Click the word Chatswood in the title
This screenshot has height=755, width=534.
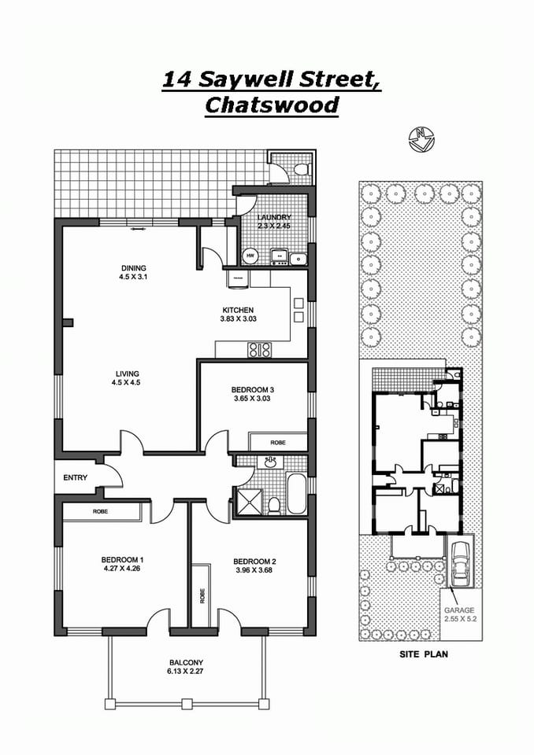tap(272, 105)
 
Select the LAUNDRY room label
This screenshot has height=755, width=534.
tap(275, 218)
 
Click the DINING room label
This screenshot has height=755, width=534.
tap(133, 268)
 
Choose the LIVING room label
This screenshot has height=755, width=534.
tap(126, 373)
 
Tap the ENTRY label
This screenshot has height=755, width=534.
tap(76, 477)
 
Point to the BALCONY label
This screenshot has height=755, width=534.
tap(186, 662)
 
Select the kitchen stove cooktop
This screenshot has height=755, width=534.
tap(260, 349)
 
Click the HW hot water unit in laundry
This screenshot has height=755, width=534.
tap(250, 256)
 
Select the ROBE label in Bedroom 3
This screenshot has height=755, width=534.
tap(278, 443)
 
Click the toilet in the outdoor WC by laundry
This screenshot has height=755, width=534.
tap(300, 168)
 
